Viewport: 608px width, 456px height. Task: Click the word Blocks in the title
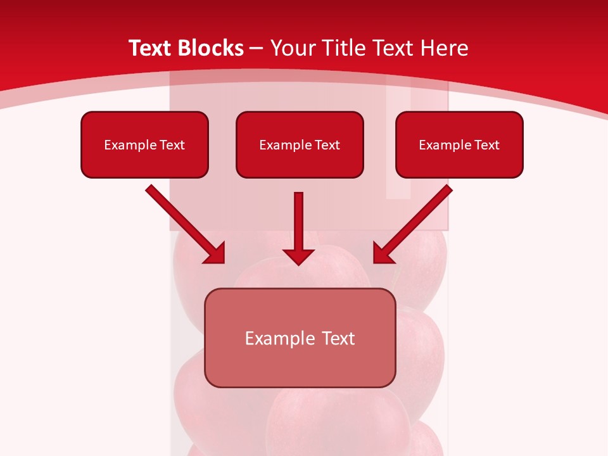pos(212,48)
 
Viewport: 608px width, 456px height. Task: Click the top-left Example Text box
pos(144,144)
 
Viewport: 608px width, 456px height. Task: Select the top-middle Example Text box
pos(300,144)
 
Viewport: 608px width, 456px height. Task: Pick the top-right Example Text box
pos(459,144)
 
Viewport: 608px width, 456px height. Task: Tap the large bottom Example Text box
pos(300,338)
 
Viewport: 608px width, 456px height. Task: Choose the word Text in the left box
pos(172,145)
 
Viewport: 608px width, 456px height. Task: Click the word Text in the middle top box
pos(327,145)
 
